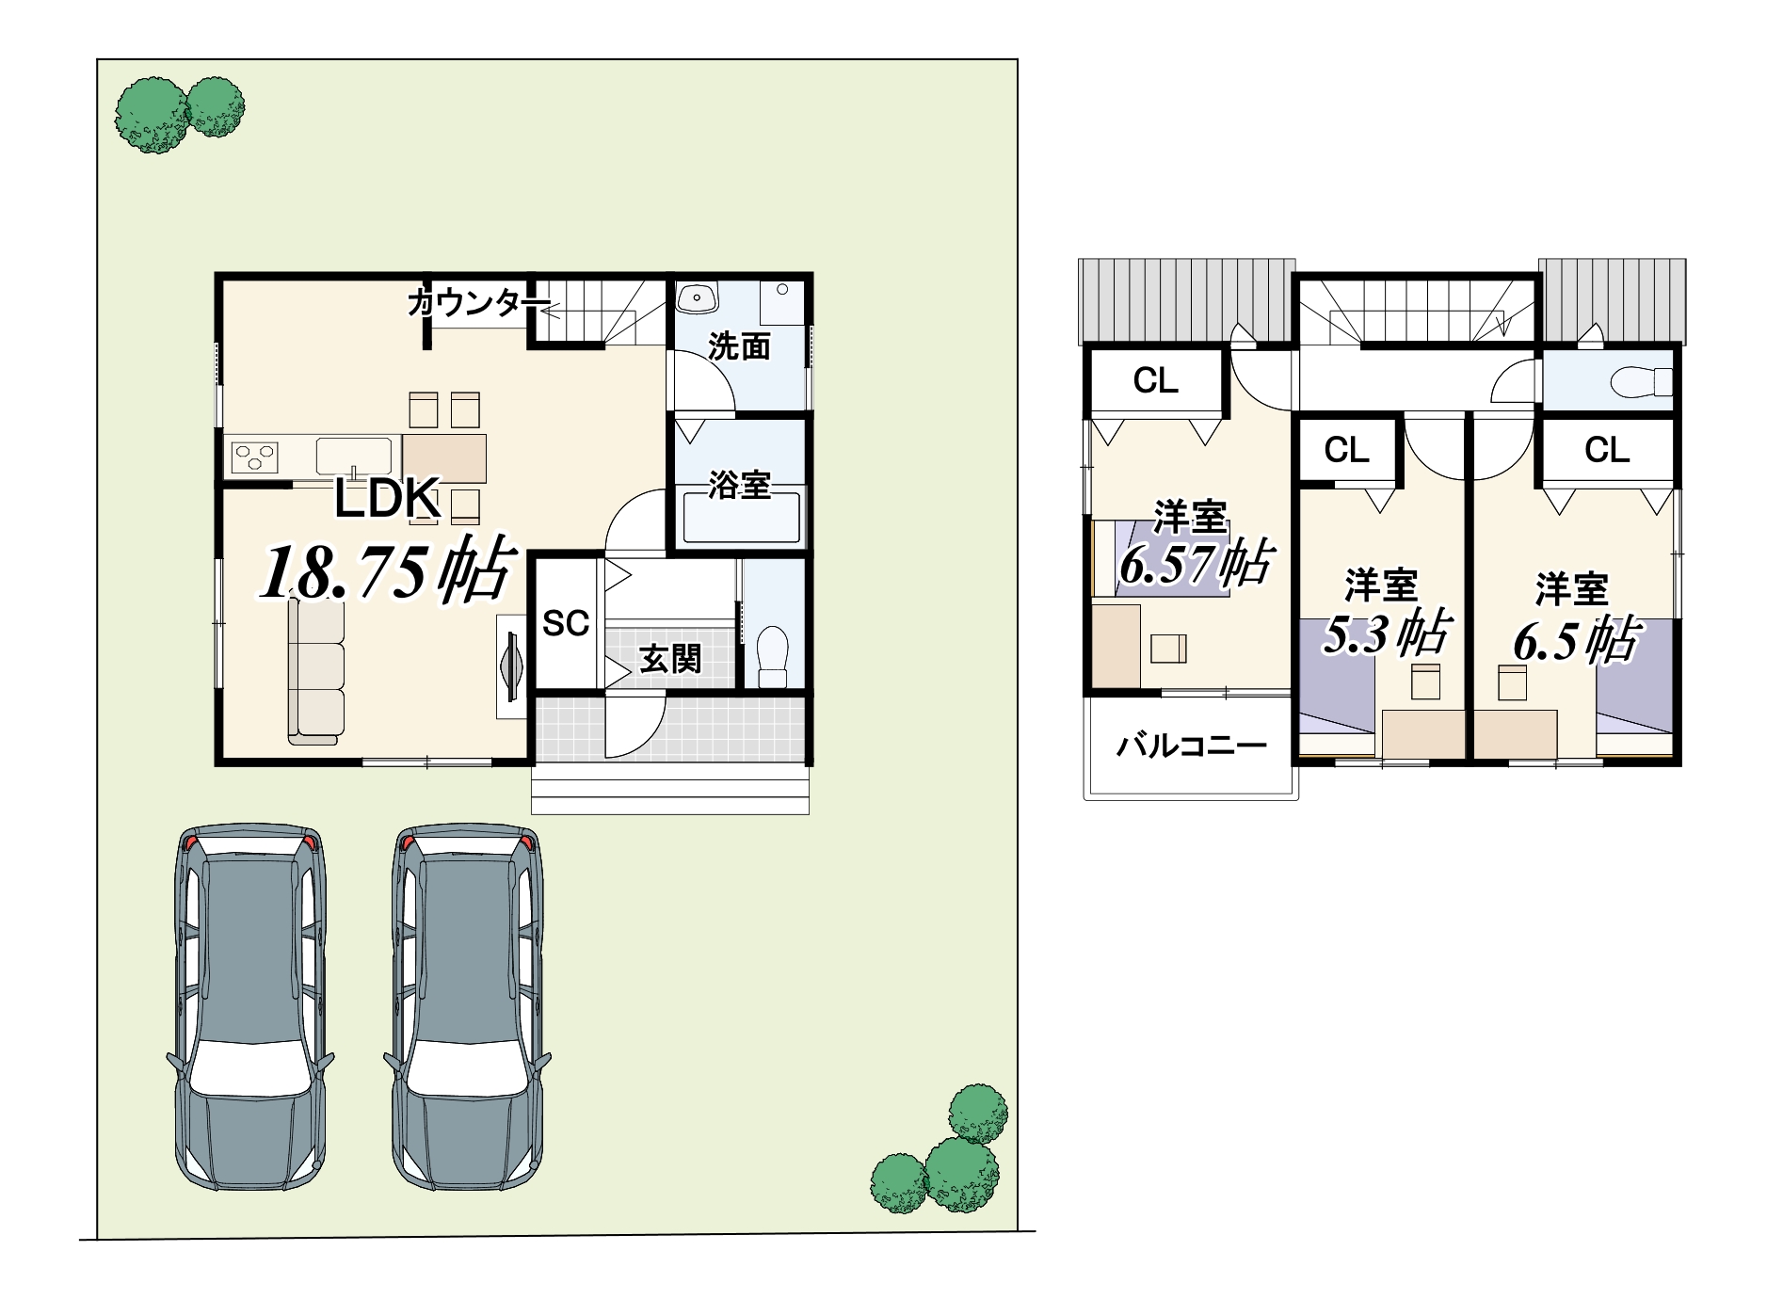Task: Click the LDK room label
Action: pyautogui.click(x=387, y=498)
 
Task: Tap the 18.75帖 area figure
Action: pyautogui.click(x=387, y=570)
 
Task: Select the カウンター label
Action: pyautogui.click(x=478, y=302)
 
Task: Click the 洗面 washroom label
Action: pyautogui.click(x=739, y=346)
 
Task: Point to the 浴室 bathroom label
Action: pyautogui.click(x=739, y=485)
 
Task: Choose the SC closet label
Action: pyautogui.click(x=566, y=623)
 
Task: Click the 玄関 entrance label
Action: pyautogui.click(x=670, y=659)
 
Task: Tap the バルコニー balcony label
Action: pyautogui.click(x=1192, y=746)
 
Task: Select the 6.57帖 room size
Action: pyautogui.click(x=1197, y=564)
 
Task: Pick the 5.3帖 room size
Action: pyautogui.click(x=1387, y=633)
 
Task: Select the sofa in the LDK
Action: pyautogui.click(x=316, y=672)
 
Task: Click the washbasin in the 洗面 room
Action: pyautogui.click(x=697, y=297)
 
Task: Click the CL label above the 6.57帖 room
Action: pyautogui.click(x=1155, y=381)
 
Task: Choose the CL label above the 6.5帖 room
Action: pyautogui.click(x=1606, y=450)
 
